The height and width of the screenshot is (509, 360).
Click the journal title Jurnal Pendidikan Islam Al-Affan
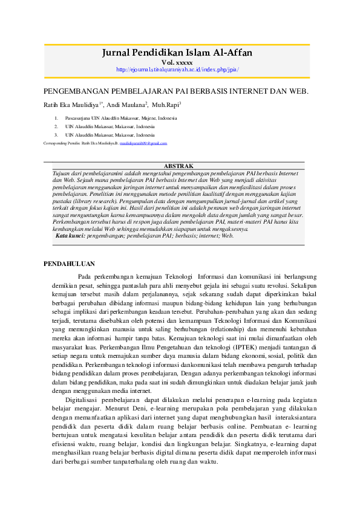tap(177, 53)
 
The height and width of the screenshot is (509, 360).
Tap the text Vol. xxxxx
tap(177, 62)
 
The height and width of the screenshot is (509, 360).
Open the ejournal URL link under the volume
tap(177, 70)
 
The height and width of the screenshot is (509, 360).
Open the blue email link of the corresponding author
tap(143, 143)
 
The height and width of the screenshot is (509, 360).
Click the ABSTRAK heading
tap(178, 166)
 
